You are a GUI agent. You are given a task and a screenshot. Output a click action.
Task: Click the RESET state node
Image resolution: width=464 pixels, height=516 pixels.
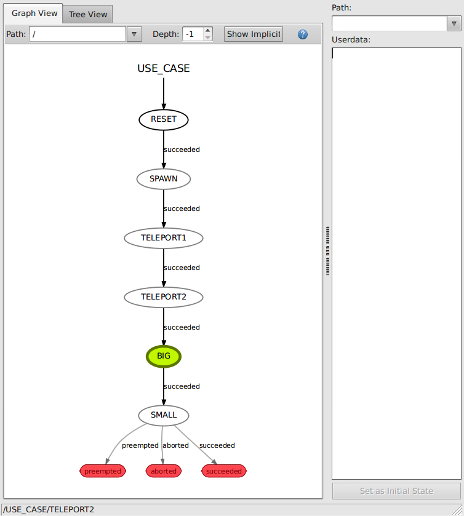[163, 119]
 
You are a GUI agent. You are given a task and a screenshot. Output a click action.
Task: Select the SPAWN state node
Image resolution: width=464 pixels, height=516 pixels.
[163, 179]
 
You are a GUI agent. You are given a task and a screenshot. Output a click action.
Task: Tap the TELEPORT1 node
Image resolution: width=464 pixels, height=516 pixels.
[163, 238]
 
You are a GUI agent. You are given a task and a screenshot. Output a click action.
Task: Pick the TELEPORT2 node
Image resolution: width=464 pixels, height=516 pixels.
[163, 297]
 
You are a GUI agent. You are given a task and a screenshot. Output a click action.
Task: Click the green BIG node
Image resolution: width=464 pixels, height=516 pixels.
[163, 356]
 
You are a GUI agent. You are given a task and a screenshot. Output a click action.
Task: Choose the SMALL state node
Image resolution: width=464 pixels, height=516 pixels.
[163, 415]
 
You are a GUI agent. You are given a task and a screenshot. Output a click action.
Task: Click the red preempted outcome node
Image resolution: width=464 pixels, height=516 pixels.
[103, 471]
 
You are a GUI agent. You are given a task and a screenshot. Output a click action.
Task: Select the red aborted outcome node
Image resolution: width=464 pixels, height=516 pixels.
[164, 471]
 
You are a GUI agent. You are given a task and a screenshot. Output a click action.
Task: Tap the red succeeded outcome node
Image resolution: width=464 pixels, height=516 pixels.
[224, 471]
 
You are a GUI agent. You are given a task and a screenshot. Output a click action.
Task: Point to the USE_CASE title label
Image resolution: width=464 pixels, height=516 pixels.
[163, 68]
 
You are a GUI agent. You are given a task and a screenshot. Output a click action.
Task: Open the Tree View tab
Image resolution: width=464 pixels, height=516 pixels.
[88, 14]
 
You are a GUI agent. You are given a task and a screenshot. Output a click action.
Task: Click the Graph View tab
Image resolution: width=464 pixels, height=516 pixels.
[34, 13]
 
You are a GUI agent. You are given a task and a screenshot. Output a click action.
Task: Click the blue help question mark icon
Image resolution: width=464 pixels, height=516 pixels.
[303, 34]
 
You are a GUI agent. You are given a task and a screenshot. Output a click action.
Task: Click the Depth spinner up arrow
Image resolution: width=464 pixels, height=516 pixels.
[208, 31]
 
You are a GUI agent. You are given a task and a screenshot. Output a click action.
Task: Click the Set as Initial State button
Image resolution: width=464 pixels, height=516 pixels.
[396, 491]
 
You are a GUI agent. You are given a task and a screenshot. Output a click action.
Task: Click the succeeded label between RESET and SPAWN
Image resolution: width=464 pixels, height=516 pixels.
[182, 149]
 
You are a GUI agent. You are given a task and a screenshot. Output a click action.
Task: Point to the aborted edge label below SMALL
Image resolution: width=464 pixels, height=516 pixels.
[175, 445]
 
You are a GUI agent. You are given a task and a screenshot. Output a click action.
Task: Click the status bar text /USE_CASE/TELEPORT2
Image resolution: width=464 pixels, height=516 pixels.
[49, 510]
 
